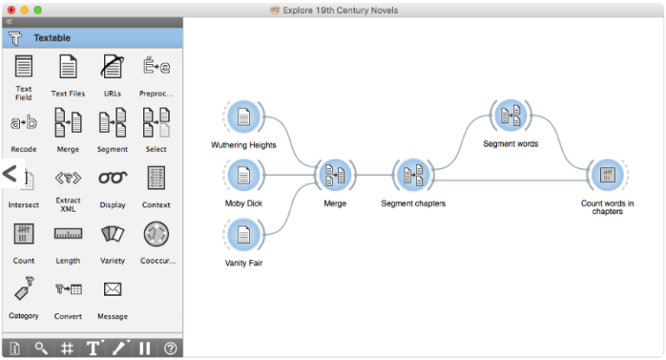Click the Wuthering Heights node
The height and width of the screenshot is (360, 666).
pyautogui.click(x=244, y=119)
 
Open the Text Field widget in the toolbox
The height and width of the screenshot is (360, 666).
pyautogui.click(x=23, y=67)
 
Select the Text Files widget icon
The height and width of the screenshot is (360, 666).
pyautogui.click(x=68, y=67)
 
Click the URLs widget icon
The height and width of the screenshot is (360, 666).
pyautogui.click(x=112, y=67)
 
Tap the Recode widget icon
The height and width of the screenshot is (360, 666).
pyautogui.click(x=23, y=123)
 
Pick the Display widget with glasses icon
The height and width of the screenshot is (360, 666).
pyautogui.click(x=112, y=178)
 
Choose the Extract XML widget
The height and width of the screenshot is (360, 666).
pyautogui.click(x=68, y=178)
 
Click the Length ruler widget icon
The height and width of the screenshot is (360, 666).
pyautogui.click(x=68, y=233)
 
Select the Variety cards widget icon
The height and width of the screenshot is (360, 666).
pyautogui.click(x=112, y=233)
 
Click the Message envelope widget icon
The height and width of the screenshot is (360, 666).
pyautogui.click(x=112, y=289)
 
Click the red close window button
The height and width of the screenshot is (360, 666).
pyautogui.click(x=10, y=9)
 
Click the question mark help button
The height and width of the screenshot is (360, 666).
pyautogui.click(x=171, y=348)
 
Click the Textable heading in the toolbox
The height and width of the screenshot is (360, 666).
pyautogui.click(x=52, y=38)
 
